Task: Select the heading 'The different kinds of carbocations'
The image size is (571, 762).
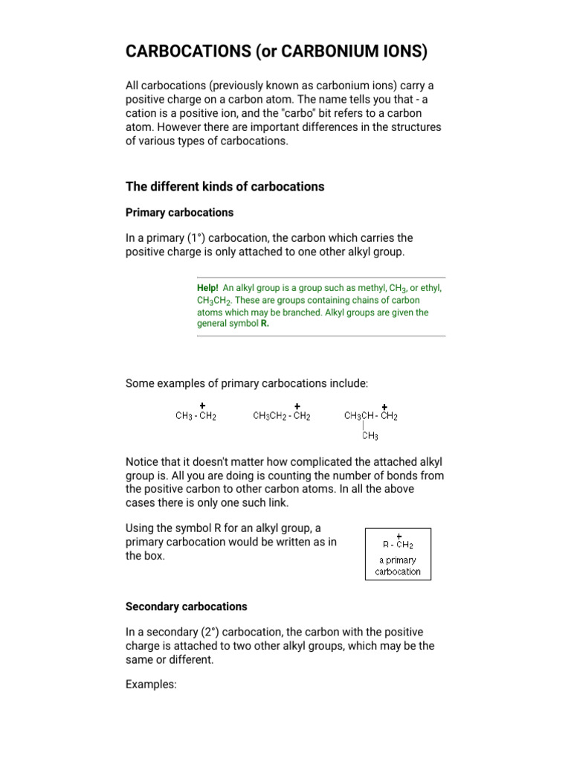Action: click(x=225, y=186)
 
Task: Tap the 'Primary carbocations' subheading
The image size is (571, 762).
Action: click(x=179, y=212)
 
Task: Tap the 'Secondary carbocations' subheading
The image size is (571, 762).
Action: click(x=186, y=606)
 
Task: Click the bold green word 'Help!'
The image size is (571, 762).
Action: click(x=207, y=288)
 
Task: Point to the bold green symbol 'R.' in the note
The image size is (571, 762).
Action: click(x=264, y=324)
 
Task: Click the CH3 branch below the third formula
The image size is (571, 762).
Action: click(x=370, y=436)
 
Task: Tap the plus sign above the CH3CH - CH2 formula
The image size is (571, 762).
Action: click(x=384, y=406)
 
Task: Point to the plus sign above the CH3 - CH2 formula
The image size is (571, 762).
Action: click(x=203, y=406)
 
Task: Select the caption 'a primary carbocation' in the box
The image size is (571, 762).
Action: click(x=398, y=566)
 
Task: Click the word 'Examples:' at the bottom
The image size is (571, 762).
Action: click(x=151, y=685)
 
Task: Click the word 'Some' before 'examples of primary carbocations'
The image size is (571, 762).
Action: click(x=140, y=383)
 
